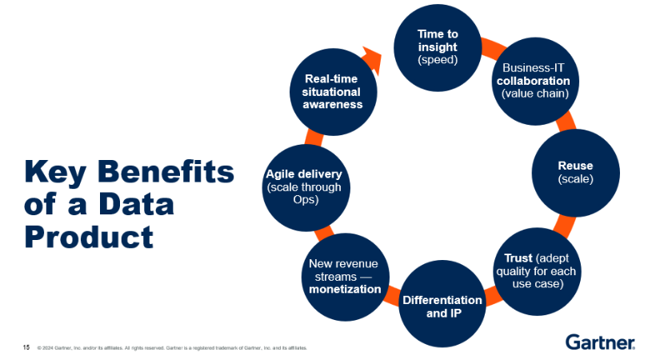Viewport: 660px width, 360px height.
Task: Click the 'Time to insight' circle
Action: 438,47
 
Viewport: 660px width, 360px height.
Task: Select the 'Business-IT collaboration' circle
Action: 534,80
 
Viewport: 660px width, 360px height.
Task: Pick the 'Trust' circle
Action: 538,270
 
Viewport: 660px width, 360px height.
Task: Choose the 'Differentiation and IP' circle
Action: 442,306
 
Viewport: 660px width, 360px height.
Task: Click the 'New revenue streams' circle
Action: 344,276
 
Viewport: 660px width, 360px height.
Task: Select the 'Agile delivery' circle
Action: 303,186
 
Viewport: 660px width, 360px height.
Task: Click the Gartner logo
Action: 600,342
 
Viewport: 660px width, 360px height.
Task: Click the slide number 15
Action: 26,347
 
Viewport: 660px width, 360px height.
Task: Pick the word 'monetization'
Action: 345,289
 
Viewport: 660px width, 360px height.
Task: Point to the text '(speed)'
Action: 438,59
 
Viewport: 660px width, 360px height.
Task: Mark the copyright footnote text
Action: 172,348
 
